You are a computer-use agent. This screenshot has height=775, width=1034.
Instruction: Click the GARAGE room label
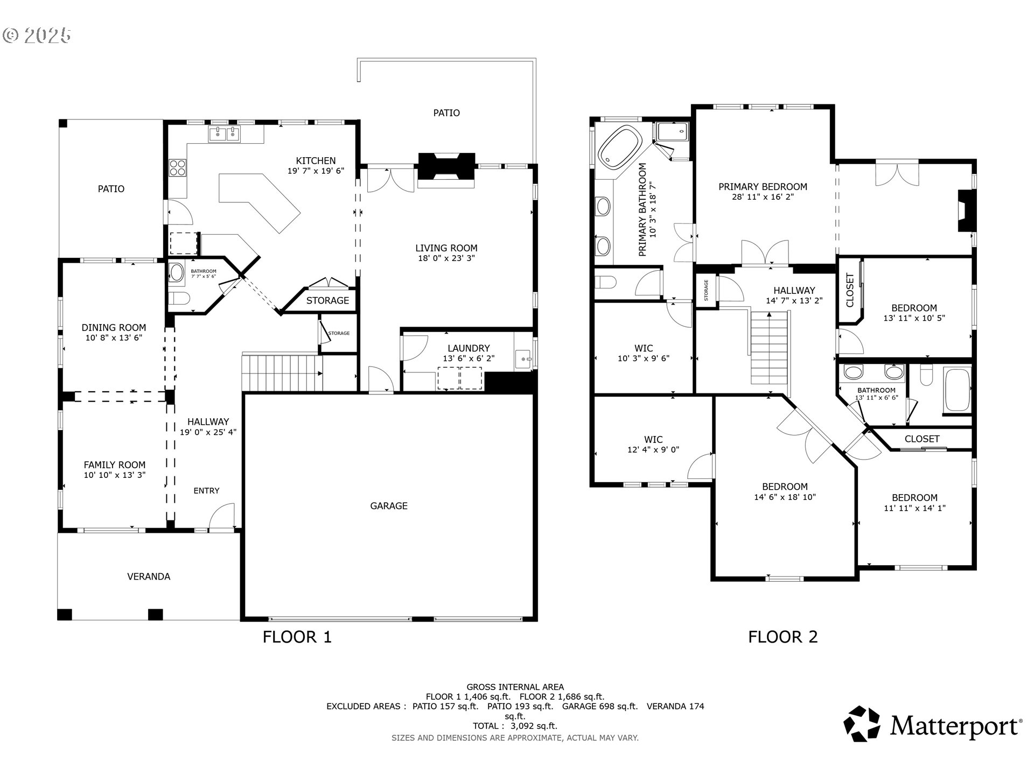pyautogui.click(x=388, y=506)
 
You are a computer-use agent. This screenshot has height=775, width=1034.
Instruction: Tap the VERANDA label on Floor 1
pyautogui.click(x=149, y=576)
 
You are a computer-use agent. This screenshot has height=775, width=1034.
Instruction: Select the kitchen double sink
pyautogui.click(x=225, y=134)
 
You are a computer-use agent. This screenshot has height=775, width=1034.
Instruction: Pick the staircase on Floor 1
pyautogui.click(x=282, y=372)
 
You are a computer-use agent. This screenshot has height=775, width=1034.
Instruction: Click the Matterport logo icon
pyautogui.click(x=862, y=724)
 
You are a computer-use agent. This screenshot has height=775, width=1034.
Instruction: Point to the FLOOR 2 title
pyautogui.click(x=783, y=637)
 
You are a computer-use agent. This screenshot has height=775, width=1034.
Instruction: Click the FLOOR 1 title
pyautogui.click(x=297, y=637)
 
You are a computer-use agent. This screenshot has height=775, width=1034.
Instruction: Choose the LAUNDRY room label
pyautogui.click(x=469, y=348)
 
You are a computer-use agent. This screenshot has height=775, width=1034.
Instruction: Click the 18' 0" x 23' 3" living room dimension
pyautogui.click(x=446, y=258)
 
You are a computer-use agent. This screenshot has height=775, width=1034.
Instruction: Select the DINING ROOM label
pyautogui.click(x=114, y=328)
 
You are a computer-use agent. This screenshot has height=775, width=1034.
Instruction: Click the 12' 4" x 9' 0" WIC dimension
pyautogui.click(x=653, y=450)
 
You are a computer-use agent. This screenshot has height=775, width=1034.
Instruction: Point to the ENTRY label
pyautogui.click(x=206, y=491)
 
